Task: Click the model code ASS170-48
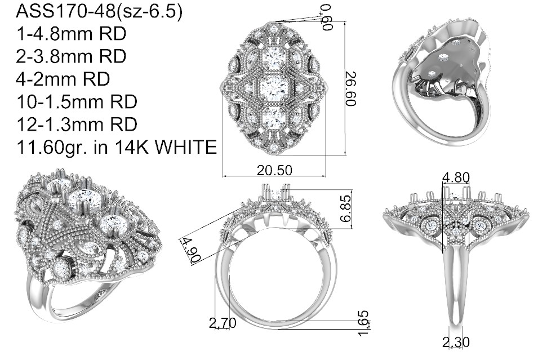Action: [65, 11]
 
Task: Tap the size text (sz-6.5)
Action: [149, 12]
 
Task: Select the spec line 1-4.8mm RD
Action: [71, 34]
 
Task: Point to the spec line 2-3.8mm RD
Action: [71, 56]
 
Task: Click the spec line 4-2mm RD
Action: [63, 79]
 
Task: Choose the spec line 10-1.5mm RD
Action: [77, 101]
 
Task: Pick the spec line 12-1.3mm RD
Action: [77, 125]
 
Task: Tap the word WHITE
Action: [186, 147]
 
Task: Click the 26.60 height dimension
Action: [352, 89]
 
